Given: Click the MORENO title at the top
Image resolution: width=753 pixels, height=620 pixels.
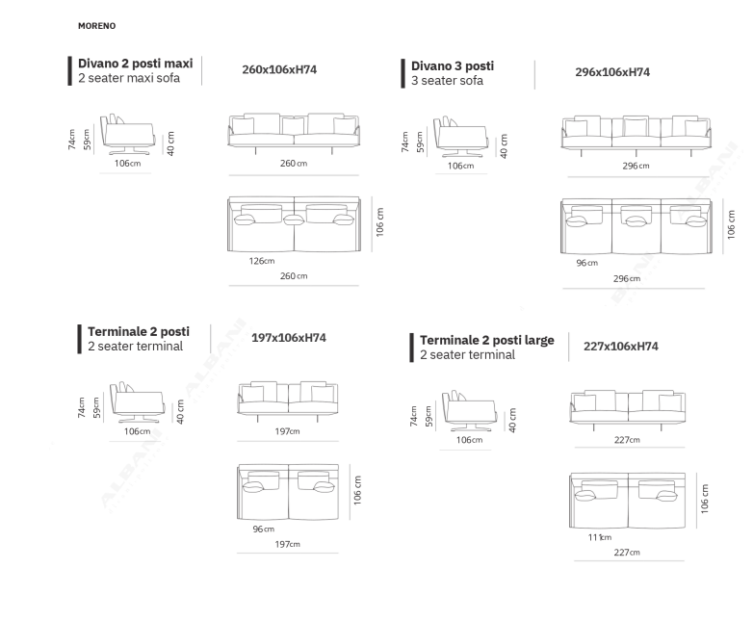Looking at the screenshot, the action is tap(96, 26).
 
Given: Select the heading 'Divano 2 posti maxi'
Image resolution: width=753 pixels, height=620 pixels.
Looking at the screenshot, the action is tap(136, 64).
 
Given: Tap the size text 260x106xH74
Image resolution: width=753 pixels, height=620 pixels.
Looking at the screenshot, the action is tap(279, 69).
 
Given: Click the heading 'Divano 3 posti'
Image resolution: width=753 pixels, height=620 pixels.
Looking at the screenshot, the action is tap(453, 65).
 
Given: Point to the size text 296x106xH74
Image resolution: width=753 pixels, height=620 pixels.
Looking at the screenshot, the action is tap(612, 72).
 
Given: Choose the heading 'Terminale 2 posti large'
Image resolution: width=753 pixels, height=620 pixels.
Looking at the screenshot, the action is tap(487, 340).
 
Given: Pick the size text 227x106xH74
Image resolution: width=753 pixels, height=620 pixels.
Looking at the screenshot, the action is tap(620, 347).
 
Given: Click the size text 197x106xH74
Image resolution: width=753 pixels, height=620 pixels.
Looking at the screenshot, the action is tap(288, 338).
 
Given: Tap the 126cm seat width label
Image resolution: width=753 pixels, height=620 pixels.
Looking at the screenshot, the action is tap(262, 261).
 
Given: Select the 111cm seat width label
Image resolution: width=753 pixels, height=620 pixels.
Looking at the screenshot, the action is tap(600, 537).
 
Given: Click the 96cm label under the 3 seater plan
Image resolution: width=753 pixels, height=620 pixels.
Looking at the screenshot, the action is tap(586, 263).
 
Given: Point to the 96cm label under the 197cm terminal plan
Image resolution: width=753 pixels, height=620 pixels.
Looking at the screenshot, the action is tap(263, 529).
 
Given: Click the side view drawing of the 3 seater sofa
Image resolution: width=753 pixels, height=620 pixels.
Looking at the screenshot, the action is tap(461, 137).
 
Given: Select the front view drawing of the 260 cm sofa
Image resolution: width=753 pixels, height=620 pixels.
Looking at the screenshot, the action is tap(294, 134).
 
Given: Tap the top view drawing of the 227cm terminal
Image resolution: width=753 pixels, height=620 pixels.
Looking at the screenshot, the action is tap(627, 501).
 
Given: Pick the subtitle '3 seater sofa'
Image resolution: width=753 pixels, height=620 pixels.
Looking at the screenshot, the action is tap(447, 81).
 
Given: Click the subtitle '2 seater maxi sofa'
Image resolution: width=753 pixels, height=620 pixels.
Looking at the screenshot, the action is tap(129, 78).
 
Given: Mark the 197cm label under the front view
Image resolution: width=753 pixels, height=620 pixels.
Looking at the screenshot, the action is tap(287, 431).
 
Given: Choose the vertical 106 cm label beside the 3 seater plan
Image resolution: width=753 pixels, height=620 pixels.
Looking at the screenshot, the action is tap(731, 224).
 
